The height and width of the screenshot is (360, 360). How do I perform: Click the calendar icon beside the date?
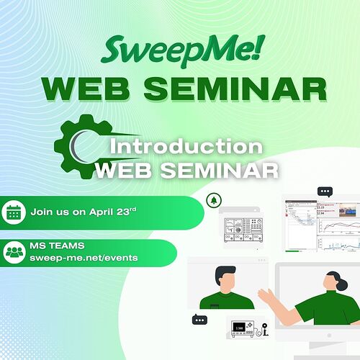point(14,212)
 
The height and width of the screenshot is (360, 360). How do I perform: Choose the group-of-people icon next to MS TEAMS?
point(14,252)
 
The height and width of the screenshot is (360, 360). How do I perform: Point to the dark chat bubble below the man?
point(199,320)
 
